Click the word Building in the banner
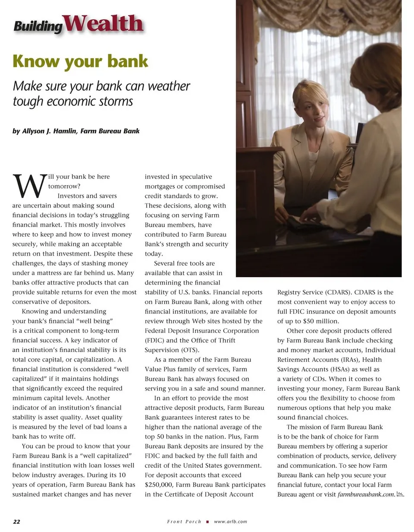point(38,26)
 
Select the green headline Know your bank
point(80,61)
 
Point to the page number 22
point(16,522)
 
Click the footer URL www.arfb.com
point(230,522)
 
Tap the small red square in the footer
point(207,522)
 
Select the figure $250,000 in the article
point(159,485)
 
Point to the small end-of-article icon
point(399,494)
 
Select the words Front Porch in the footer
point(184,522)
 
